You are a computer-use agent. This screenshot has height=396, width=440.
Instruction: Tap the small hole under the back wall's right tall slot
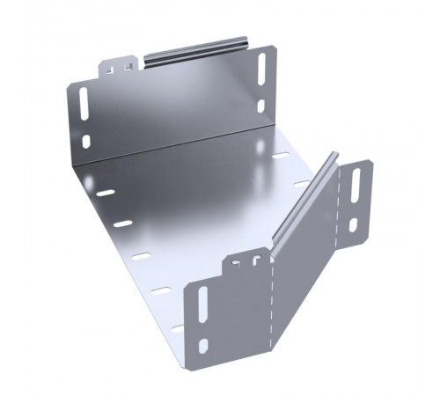point(260,106)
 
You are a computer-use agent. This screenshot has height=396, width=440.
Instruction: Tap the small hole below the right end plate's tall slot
point(353,224)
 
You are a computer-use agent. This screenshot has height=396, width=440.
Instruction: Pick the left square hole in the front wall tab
point(238,261)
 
